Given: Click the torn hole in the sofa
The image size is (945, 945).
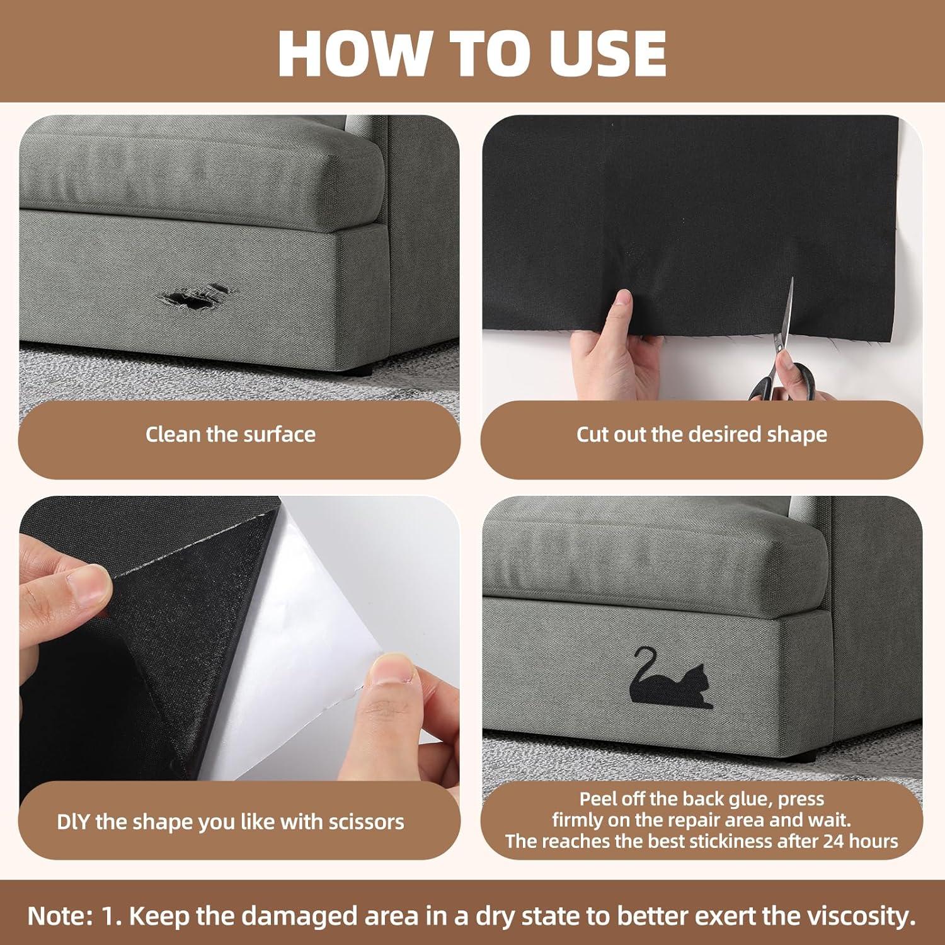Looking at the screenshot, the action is click(192, 297).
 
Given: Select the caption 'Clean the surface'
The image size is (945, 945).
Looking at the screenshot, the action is click(231, 434).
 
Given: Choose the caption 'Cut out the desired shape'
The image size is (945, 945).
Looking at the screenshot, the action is click(702, 434).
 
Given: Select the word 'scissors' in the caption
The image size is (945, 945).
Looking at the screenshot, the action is click(367, 822).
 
